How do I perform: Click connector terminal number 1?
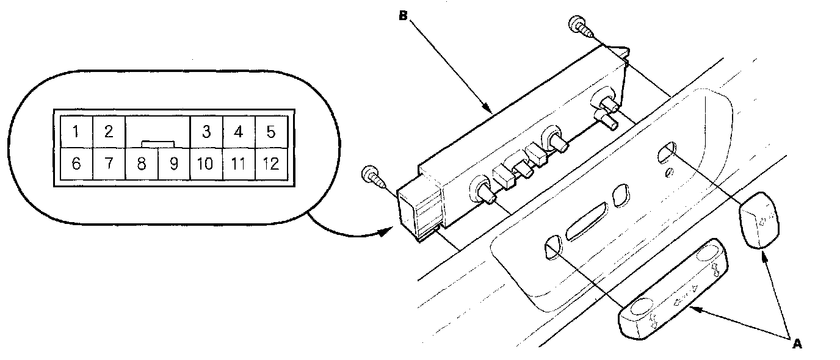click(x=76, y=131)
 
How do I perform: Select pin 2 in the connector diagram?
click(x=108, y=131)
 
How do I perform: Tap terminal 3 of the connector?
click(x=206, y=131)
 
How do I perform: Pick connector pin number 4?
click(x=239, y=131)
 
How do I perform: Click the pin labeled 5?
click(x=271, y=131)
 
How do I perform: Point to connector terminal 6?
click(x=76, y=164)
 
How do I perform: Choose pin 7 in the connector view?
click(x=108, y=164)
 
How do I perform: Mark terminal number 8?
click(x=141, y=164)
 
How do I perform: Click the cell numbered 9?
click(x=174, y=164)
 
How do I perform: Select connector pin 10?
click(x=206, y=164)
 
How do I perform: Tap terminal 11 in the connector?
click(x=239, y=164)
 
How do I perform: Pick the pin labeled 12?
click(x=271, y=164)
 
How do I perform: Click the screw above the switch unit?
click(x=577, y=25)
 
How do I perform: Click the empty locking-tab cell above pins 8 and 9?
click(x=157, y=131)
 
